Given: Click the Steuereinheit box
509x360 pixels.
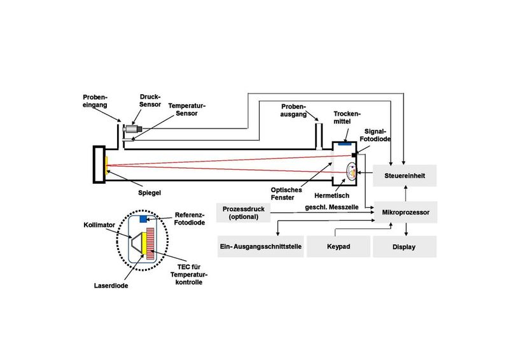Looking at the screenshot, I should tap(404, 175).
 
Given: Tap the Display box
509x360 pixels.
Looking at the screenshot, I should tap(404, 246).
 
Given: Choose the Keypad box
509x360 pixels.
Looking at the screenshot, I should tap(338, 246).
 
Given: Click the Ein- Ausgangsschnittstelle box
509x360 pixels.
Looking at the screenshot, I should tap(260, 246).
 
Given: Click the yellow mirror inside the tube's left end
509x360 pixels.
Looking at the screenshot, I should tap(106, 163).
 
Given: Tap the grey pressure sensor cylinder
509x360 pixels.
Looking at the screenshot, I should tap(132, 129).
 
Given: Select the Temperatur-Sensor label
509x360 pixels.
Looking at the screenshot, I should tap(191, 109).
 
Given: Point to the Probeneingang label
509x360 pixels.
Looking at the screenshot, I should tap(95, 102).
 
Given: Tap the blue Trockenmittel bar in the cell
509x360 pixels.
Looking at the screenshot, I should tap(345, 144).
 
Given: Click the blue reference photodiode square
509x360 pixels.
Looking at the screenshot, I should tap(143, 219).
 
